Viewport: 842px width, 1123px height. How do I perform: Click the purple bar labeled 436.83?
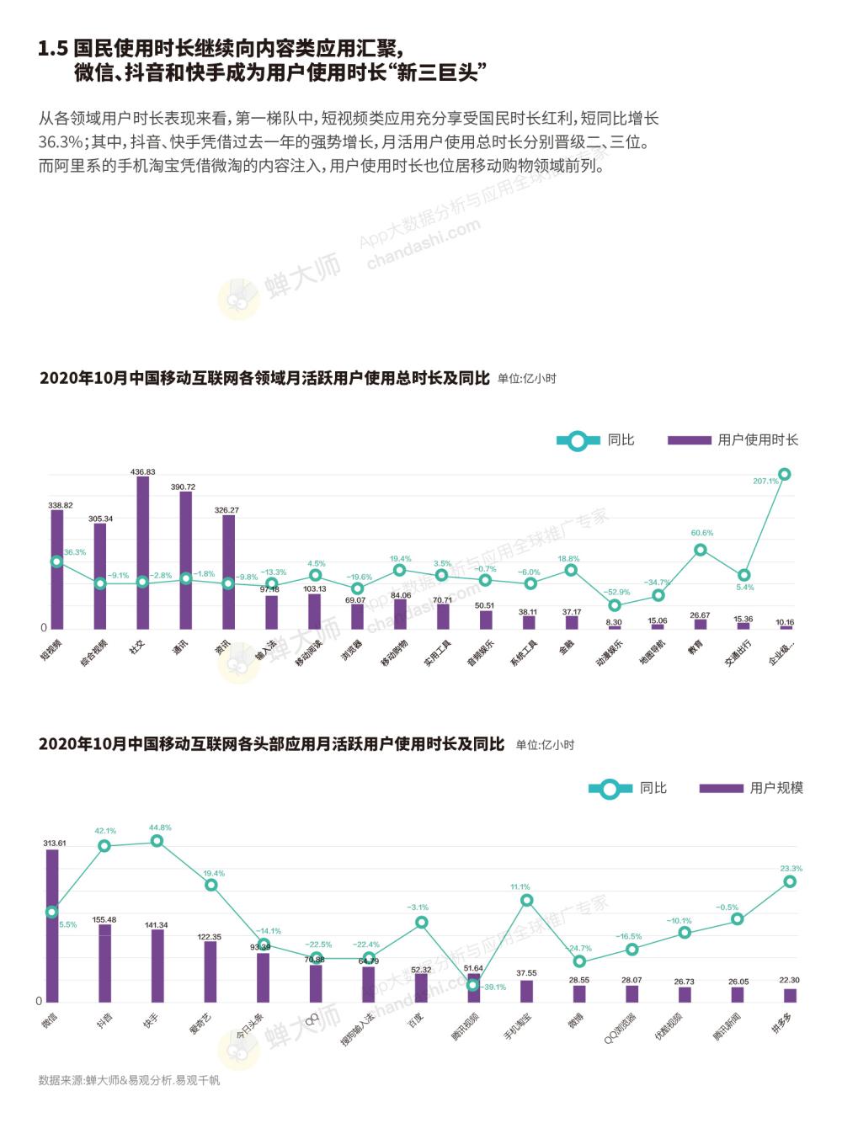click(142, 553)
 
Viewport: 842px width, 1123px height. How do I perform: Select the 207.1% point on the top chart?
click(784, 474)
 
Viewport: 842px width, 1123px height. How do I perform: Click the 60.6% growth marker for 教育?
click(700, 550)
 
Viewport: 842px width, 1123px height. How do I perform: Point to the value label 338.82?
click(61, 505)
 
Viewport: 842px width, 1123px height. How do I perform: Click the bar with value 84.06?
click(400, 615)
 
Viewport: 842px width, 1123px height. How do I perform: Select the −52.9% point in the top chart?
click(615, 604)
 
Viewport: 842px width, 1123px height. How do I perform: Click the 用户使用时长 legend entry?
click(733, 439)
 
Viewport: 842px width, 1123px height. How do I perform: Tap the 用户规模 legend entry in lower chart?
click(751, 788)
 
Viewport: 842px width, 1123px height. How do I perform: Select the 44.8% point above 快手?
click(157, 841)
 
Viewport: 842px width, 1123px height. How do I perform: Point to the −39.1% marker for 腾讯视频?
click(472, 985)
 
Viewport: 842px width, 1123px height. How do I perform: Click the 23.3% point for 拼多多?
click(790, 881)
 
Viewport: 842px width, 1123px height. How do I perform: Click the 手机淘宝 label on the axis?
click(517, 1026)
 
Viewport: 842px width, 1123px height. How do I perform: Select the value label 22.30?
click(789, 980)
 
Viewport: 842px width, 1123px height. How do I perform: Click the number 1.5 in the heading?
click(52, 50)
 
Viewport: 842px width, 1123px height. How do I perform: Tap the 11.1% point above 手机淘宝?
click(527, 900)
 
